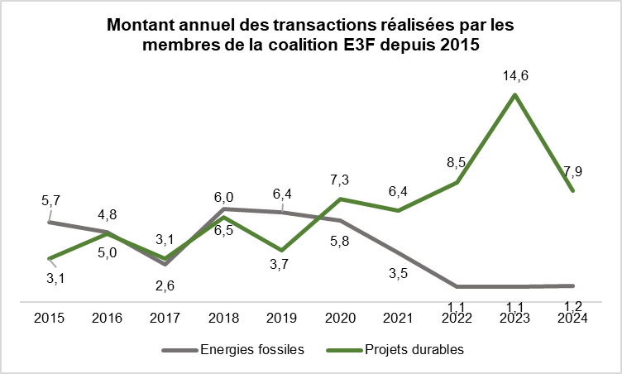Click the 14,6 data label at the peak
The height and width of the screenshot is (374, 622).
pos(514,75)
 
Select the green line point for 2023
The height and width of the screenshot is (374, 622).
pos(515,95)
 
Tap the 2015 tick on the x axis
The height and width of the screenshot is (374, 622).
pos(49,318)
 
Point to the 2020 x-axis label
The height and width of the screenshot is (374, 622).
pos(341,318)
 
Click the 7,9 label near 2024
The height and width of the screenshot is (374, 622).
pos(573,171)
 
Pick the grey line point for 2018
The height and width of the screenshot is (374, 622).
pos(224,209)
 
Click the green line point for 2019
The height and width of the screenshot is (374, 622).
pos(283,250)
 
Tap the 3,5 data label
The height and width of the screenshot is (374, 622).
pos(399,273)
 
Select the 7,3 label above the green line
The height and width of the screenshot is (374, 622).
pos(341,179)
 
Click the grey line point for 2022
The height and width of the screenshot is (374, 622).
pos(457,286)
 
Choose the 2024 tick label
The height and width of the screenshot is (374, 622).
pos(573,318)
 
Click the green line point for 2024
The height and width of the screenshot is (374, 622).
pos(572,190)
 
